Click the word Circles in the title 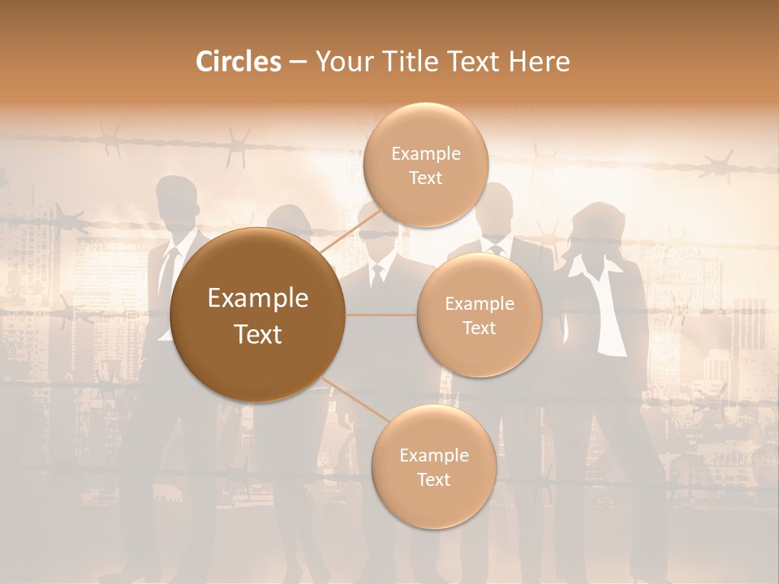238,62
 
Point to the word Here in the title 540,62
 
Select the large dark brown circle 258,315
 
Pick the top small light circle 425,165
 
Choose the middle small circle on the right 479,316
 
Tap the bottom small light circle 433,467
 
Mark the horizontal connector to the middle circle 381,315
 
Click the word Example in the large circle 258,298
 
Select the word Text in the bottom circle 433,479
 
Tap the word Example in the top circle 425,153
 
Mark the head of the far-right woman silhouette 598,227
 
